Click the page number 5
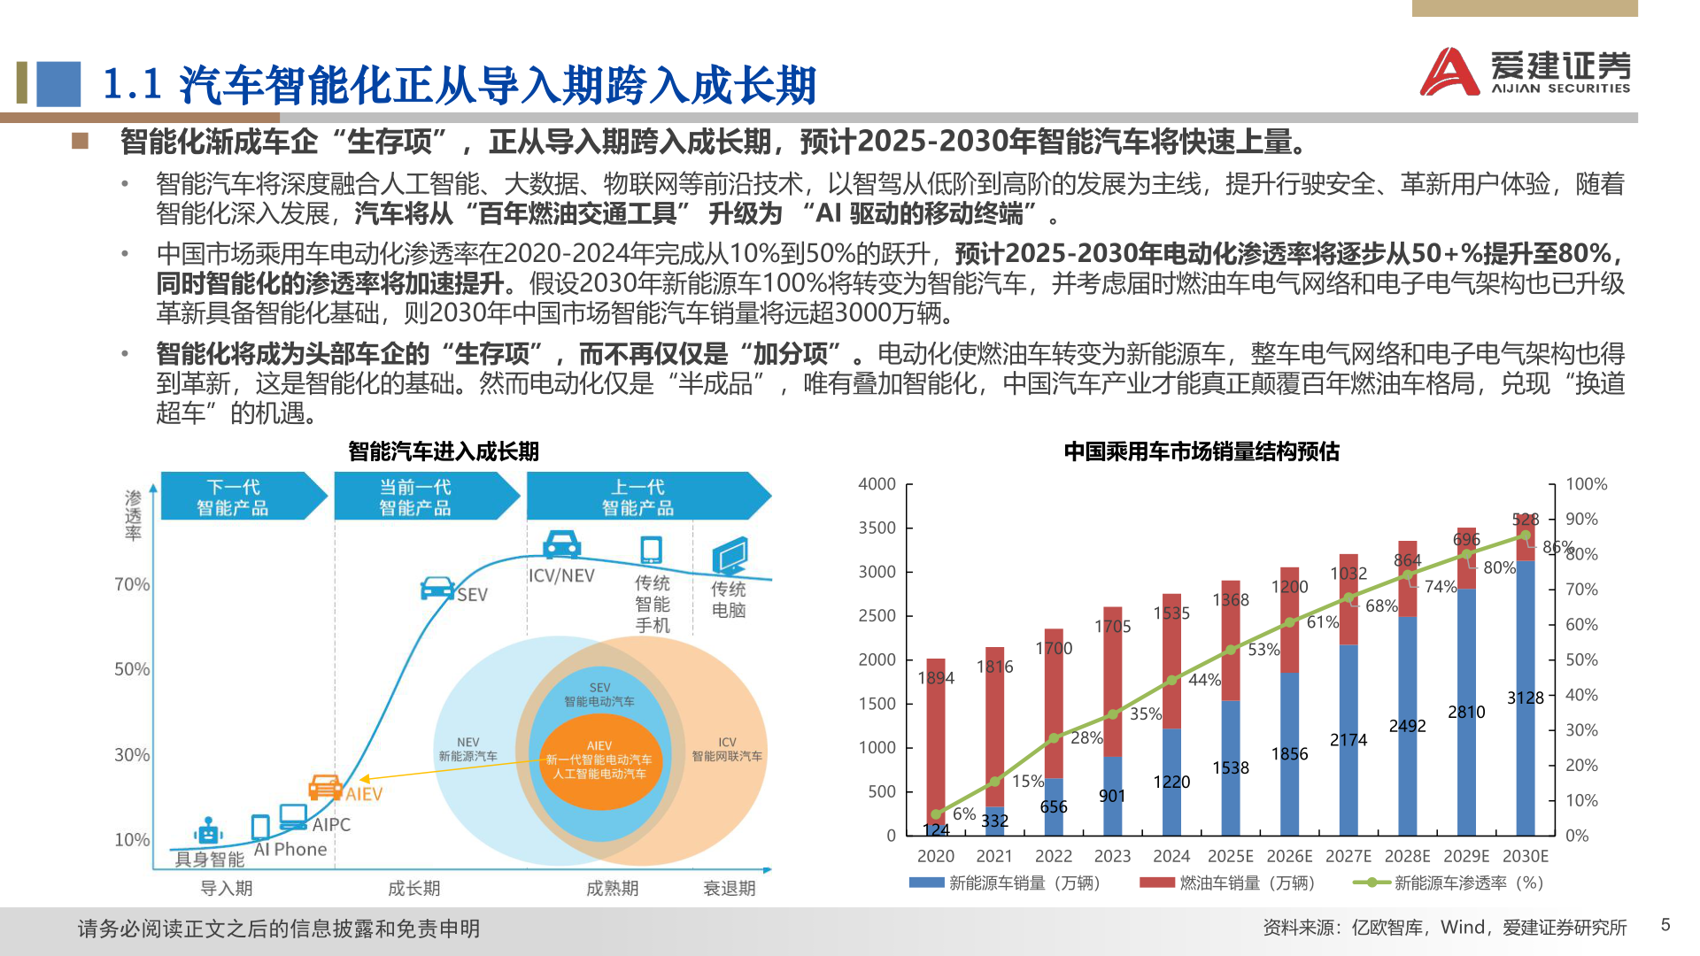click(x=1665, y=925)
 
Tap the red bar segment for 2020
click(x=936, y=735)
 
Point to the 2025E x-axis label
click(x=1230, y=856)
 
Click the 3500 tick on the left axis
click(x=877, y=528)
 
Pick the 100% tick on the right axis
click(x=1586, y=484)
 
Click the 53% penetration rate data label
click(x=1263, y=650)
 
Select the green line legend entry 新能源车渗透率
click(x=1449, y=883)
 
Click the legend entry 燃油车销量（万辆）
click(x=1228, y=883)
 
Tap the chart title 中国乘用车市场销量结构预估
click(x=1201, y=451)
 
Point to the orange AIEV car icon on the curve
click(x=325, y=787)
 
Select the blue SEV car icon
click(x=437, y=589)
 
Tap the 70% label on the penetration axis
click(x=132, y=584)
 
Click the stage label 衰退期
click(x=729, y=888)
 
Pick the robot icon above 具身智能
click(x=208, y=832)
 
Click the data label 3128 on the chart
click(x=1525, y=698)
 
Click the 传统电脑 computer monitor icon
click(x=730, y=556)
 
